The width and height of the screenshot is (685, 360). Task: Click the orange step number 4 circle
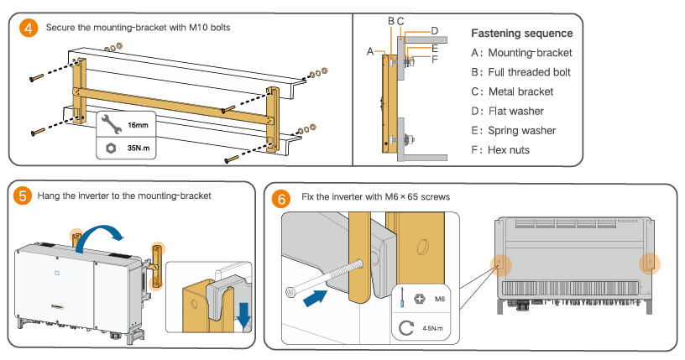pos(29,27)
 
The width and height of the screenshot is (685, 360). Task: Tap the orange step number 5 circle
pos(24,196)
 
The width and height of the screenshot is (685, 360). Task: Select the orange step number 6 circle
pos(282,199)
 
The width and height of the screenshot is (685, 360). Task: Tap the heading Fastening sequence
pos(521,34)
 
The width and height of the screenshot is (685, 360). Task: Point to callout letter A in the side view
pos(370,51)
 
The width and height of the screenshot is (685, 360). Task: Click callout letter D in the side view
pos(434,31)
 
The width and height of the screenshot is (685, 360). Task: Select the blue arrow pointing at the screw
pos(316,296)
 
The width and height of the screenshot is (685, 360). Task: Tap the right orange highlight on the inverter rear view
pos(651,263)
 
